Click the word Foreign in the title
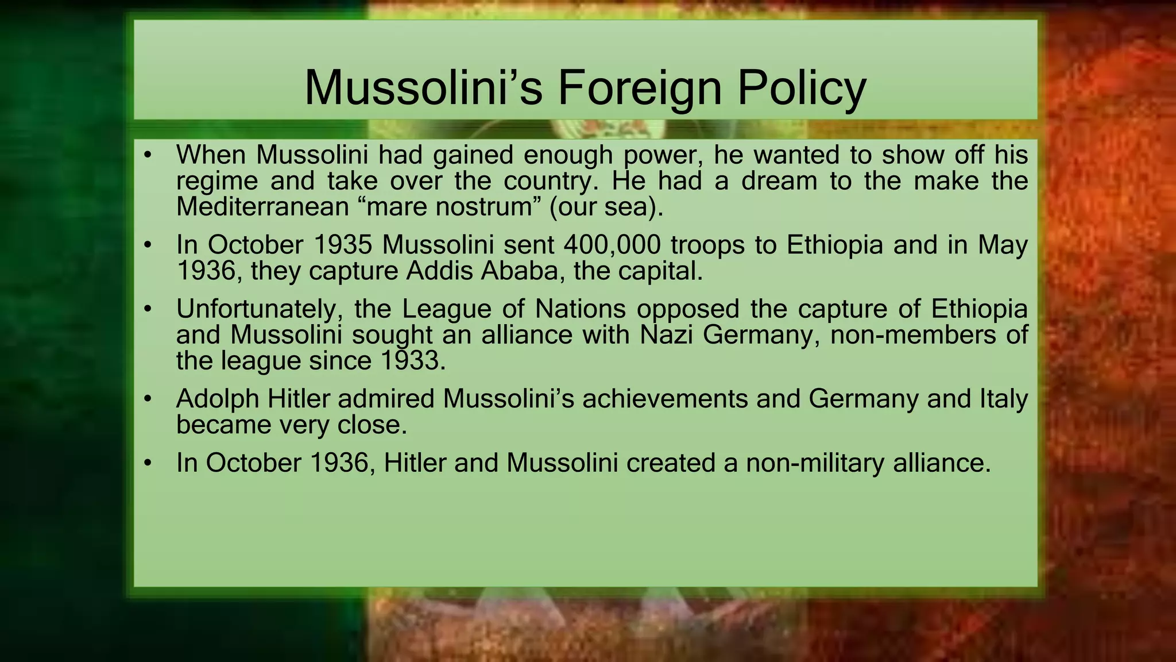click(x=639, y=88)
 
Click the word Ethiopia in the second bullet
click(x=834, y=245)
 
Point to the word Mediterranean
click(x=262, y=207)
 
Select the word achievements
click(x=665, y=399)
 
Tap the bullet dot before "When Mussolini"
click(x=148, y=155)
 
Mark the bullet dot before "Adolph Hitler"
click(x=148, y=399)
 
